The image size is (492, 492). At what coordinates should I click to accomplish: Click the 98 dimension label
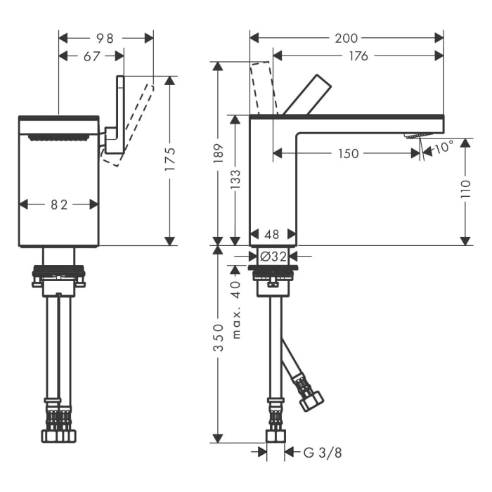click(105, 38)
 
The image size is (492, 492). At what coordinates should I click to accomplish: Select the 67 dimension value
click(92, 56)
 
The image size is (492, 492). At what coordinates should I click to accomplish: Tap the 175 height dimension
click(169, 161)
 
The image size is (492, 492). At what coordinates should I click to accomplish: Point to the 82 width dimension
click(58, 205)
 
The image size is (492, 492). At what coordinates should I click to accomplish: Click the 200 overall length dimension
click(347, 38)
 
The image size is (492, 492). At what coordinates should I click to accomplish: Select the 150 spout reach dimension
click(347, 154)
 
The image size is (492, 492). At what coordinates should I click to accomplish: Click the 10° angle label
click(444, 148)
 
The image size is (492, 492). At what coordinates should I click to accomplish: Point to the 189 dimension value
click(218, 153)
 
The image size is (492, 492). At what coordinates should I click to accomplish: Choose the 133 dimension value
click(236, 179)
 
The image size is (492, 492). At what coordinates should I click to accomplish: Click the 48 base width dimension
click(273, 235)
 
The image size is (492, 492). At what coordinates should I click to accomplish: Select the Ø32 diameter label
click(273, 257)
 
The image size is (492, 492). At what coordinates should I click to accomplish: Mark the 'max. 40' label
click(236, 309)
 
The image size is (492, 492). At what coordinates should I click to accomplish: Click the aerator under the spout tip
click(415, 136)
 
